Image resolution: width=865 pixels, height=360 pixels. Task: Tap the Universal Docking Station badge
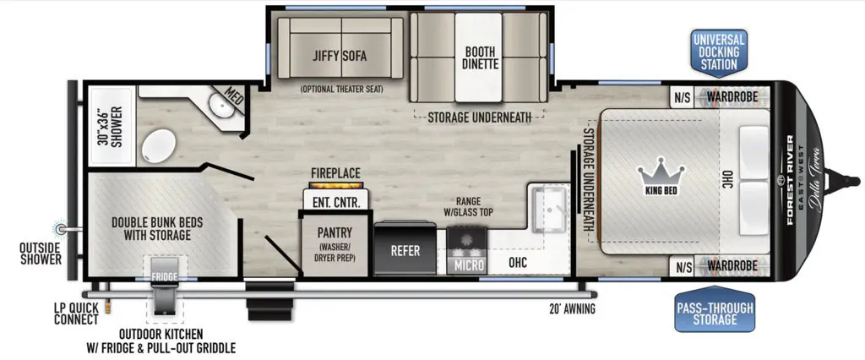point(718,52)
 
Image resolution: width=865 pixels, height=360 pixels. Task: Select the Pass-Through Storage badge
point(715,308)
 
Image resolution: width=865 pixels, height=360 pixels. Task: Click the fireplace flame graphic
point(336,184)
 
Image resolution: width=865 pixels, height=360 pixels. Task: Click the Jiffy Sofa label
point(340,56)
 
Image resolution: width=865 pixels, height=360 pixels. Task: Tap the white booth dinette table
point(478,57)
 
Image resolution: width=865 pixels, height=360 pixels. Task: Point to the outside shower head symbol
point(62,228)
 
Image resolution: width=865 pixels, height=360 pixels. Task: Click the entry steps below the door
point(269,302)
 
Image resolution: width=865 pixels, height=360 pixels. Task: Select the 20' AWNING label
point(569,308)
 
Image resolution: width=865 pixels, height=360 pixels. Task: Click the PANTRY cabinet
point(335,243)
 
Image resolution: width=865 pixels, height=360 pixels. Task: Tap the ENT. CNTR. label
point(336,202)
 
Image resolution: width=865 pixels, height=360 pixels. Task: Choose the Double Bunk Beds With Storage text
point(157,228)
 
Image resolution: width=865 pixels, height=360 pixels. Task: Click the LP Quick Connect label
point(76,314)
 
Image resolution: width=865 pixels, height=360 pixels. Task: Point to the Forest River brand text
point(790,180)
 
